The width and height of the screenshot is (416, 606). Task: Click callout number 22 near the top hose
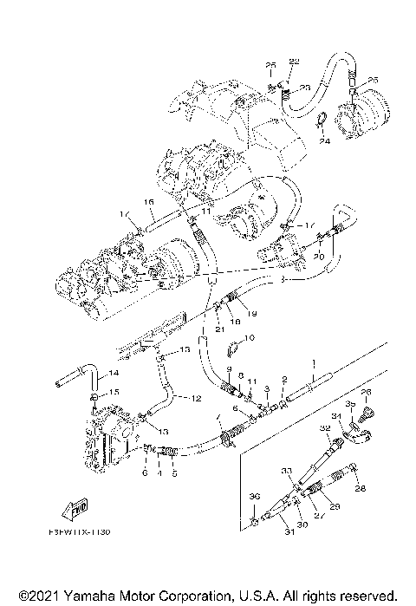293,61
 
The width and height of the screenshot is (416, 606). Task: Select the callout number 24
322,140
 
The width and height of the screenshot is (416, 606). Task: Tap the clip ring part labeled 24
318,121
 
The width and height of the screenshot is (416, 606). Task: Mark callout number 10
249,338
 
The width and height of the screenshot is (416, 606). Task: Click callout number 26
366,393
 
